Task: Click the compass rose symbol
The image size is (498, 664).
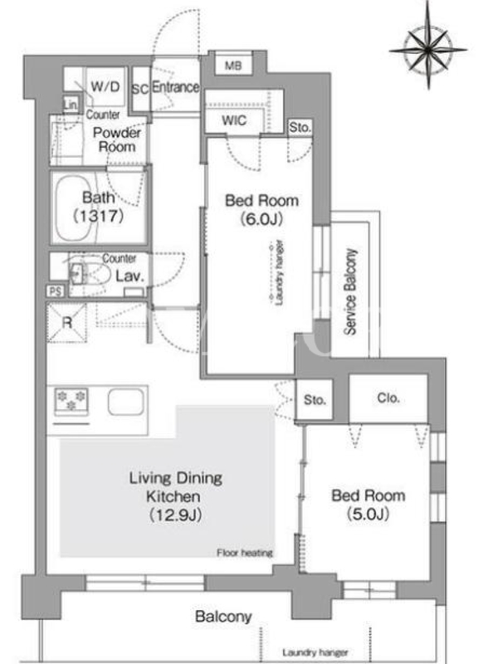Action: (428, 50)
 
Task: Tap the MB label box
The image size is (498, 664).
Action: (233, 65)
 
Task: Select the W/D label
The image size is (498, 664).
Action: (105, 87)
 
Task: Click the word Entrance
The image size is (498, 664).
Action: (175, 87)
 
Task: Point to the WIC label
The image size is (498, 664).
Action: (234, 120)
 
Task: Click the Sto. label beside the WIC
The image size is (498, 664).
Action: (300, 127)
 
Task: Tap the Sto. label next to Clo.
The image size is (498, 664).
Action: (315, 400)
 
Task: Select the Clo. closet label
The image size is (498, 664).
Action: (388, 398)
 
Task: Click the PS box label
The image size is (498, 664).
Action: (56, 291)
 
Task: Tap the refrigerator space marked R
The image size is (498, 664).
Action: (67, 322)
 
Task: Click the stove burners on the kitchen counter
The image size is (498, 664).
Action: (71, 401)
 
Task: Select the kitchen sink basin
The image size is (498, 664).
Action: (126, 402)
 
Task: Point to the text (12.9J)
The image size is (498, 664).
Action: (175, 515)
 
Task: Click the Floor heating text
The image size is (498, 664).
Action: (245, 553)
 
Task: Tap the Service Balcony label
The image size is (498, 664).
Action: (349, 292)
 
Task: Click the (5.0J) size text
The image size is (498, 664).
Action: (368, 514)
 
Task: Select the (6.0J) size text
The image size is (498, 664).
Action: (261, 219)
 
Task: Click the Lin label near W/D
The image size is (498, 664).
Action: (71, 105)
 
